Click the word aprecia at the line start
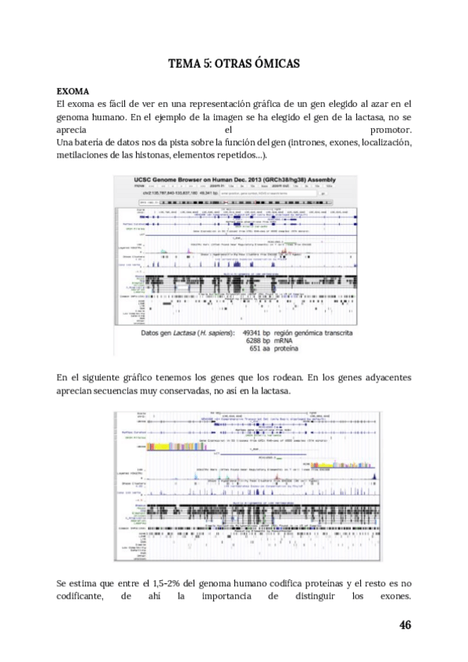click(73, 130)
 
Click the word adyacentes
click(383, 378)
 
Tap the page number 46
click(404, 625)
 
